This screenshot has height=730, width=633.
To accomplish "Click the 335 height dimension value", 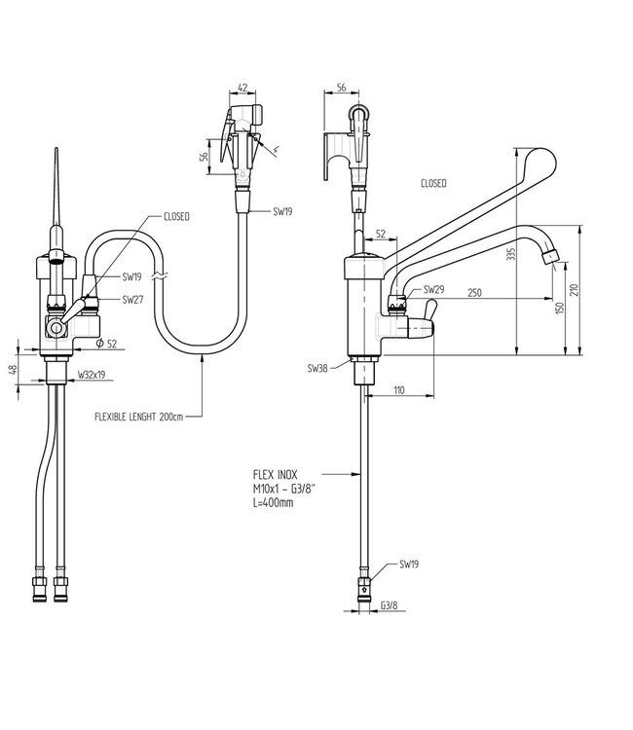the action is (x=511, y=254).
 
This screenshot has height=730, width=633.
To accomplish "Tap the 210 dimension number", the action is (x=574, y=290).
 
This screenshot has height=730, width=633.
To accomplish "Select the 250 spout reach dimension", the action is (x=474, y=292).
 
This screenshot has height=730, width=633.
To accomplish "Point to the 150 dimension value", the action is (x=560, y=308).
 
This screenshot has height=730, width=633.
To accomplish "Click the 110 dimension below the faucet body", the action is (x=399, y=390).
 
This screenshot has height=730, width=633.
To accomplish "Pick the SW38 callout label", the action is (x=317, y=368).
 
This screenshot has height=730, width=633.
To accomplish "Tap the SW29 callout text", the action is (x=433, y=290).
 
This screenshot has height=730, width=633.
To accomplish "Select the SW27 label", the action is (x=132, y=300).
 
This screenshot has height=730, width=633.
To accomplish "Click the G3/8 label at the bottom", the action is (x=390, y=605).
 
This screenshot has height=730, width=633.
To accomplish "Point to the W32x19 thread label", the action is (x=92, y=375).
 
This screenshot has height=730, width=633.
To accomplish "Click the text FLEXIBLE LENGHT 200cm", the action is (x=139, y=417).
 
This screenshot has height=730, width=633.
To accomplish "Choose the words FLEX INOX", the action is (x=275, y=474).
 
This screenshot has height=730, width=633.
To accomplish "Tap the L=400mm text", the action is (x=273, y=502).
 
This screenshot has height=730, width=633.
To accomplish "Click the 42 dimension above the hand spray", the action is (x=242, y=88).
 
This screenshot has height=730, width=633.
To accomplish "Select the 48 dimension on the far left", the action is (x=14, y=369).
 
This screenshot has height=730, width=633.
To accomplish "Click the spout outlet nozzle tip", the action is (x=550, y=257).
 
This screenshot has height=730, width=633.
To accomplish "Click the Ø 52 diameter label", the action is (x=107, y=344).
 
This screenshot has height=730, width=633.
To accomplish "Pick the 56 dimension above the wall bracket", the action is (x=342, y=87).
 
